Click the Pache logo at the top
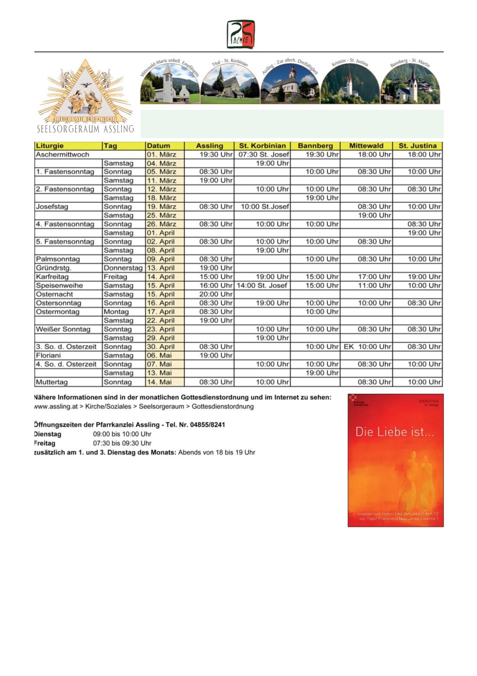(x=241, y=34)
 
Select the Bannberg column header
(x=315, y=146)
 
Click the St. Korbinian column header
(x=262, y=146)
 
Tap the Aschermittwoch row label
(x=62, y=155)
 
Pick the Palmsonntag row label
(x=58, y=259)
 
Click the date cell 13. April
(x=161, y=268)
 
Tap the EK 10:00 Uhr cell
(x=367, y=347)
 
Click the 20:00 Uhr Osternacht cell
(x=216, y=294)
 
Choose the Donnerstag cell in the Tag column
(x=123, y=268)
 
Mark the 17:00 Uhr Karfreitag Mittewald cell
(x=374, y=277)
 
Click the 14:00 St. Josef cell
(x=262, y=285)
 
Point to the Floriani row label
(x=49, y=356)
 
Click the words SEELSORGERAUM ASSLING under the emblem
(x=85, y=129)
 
